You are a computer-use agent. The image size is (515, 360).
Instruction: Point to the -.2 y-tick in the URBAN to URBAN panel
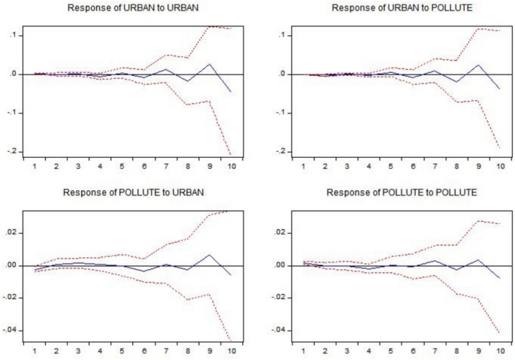click(14, 152)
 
